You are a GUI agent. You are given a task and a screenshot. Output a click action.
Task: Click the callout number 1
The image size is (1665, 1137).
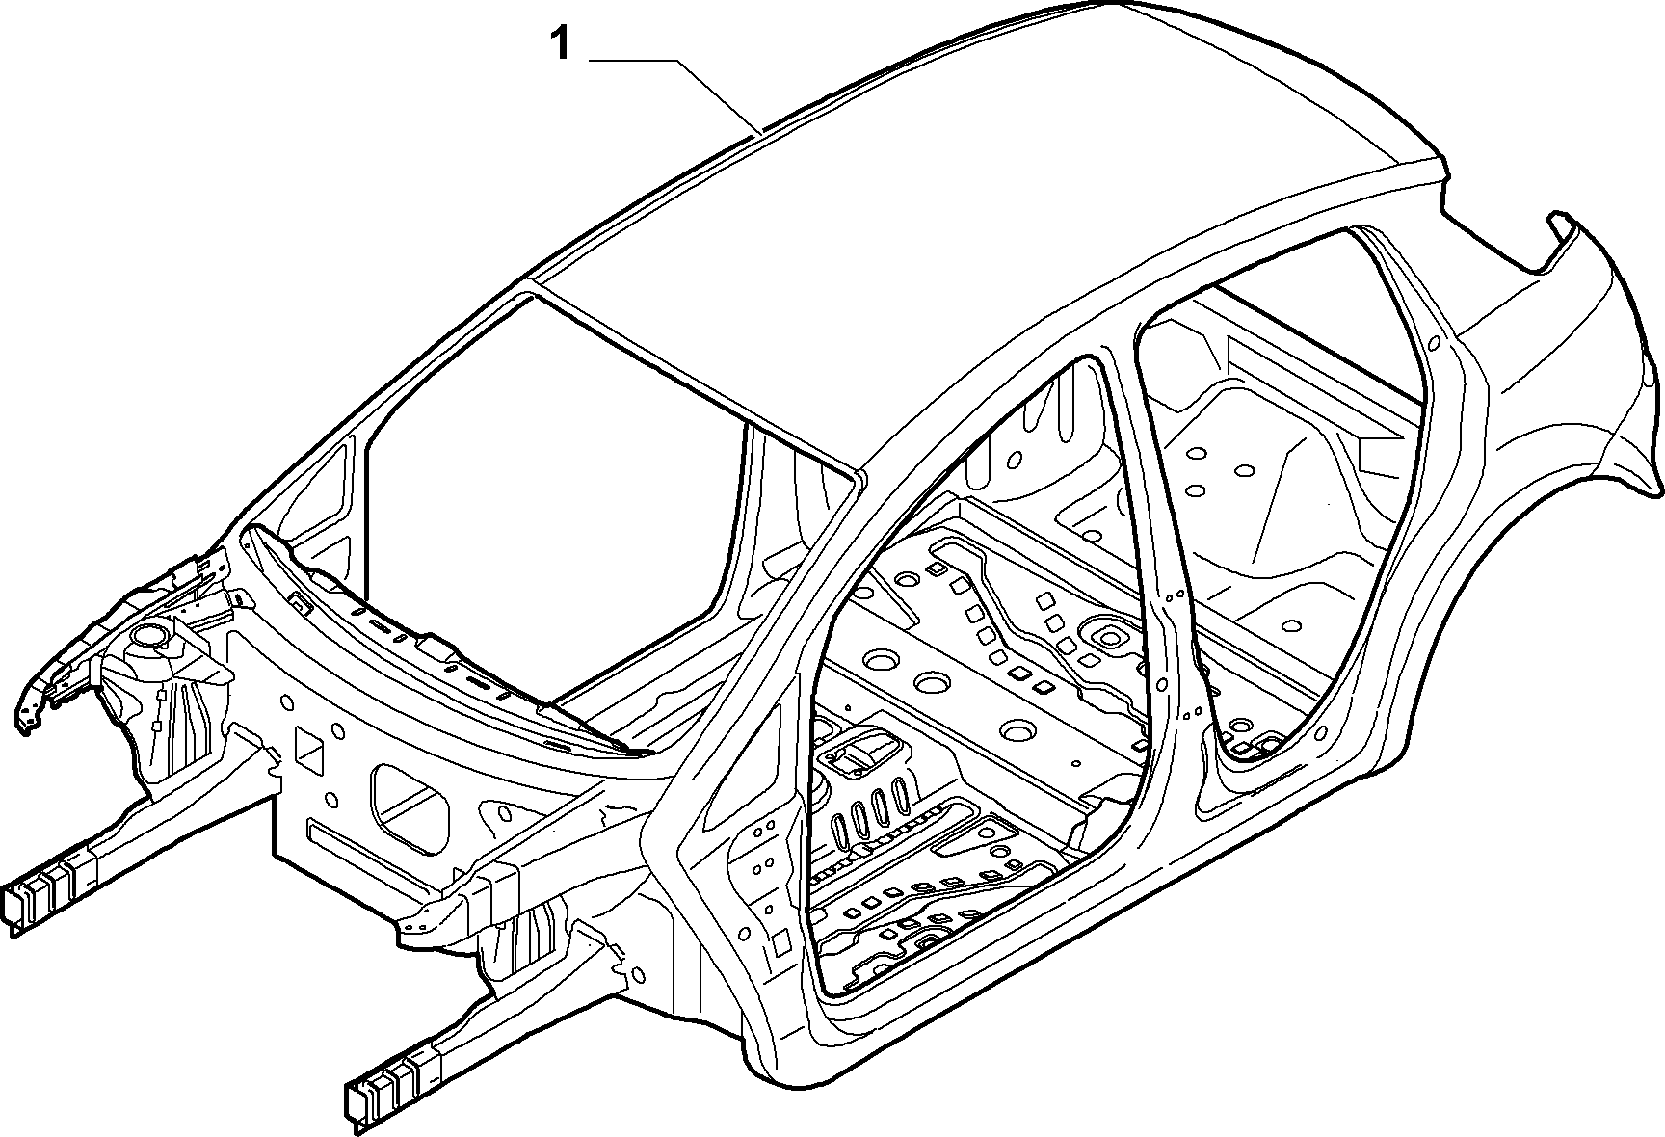560,43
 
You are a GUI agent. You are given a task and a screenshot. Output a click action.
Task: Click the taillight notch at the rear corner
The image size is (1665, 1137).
1561,241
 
